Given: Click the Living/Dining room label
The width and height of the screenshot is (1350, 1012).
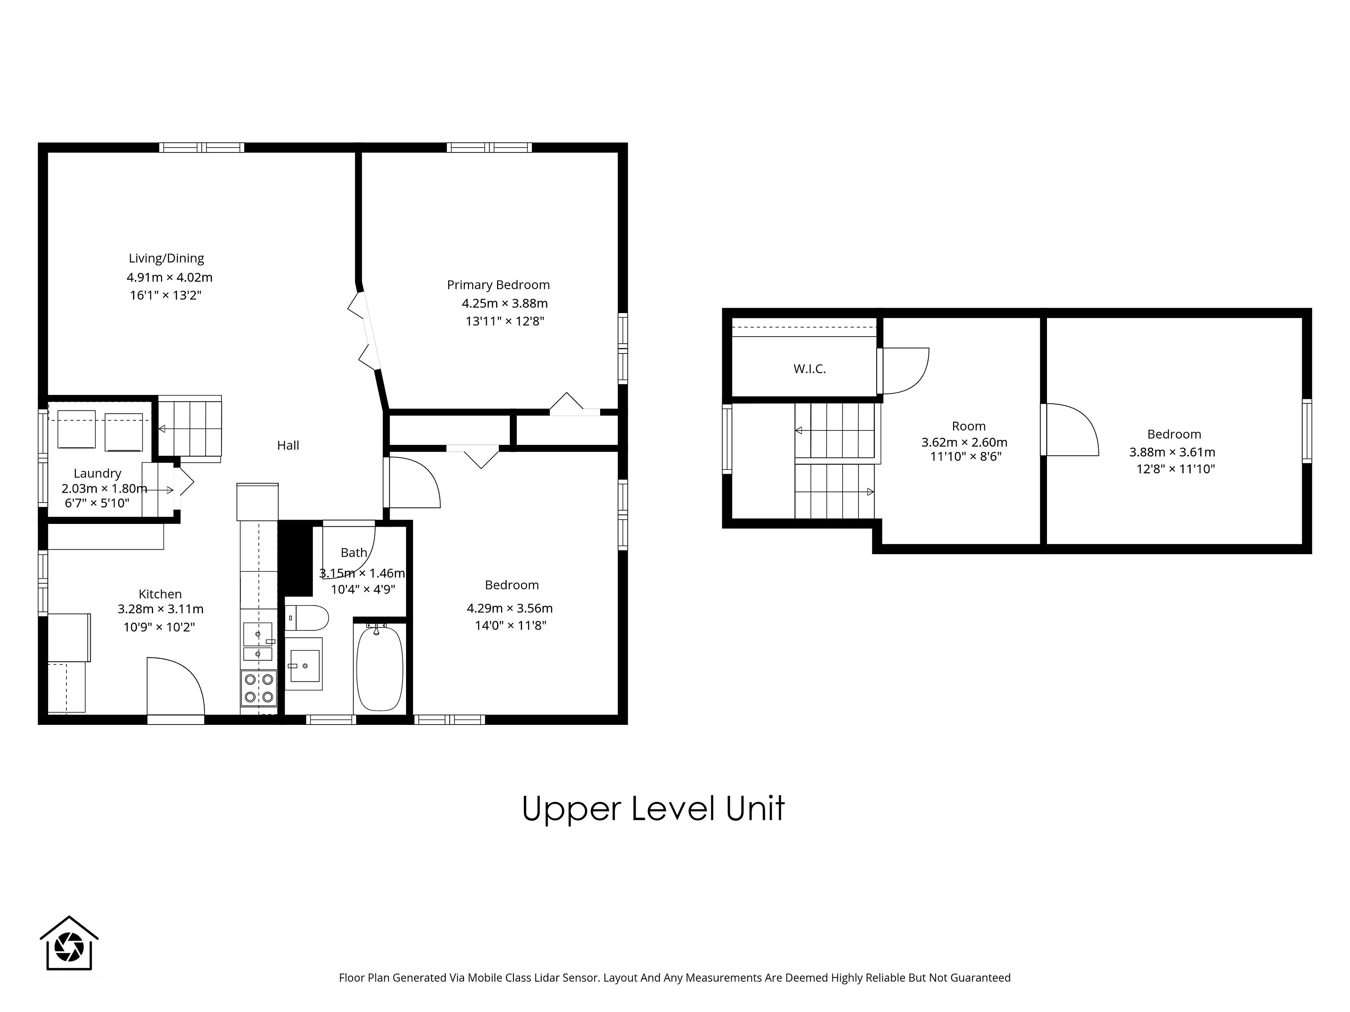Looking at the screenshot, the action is pyautogui.click(x=166, y=259).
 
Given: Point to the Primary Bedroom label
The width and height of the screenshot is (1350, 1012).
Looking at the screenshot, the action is pyautogui.click(x=498, y=285).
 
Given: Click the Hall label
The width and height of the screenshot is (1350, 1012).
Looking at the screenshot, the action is pyautogui.click(x=288, y=445).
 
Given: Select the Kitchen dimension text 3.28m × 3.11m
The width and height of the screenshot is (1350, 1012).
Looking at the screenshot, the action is pyautogui.click(x=161, y=609).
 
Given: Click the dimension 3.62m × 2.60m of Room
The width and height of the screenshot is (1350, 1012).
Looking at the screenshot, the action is pyautogui.click(x=964, y=442).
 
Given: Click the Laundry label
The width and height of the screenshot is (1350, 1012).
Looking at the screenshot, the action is pyautogui.click(x=98, y=473).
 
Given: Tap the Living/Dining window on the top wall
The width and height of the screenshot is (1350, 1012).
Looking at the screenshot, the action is pyautogui.click(x=202, y=147).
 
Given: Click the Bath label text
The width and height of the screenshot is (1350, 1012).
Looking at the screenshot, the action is pyautogui.click(x=354, y=553).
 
